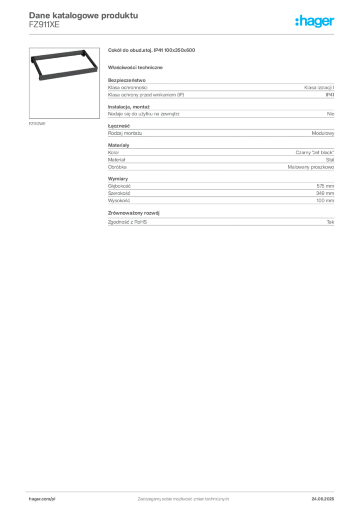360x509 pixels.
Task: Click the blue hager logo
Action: [x=315, y=22]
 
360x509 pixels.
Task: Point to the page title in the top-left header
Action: [x=82, y=15]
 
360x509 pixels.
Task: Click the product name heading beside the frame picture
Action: [x=153, y=51]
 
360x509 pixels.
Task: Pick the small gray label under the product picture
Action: [x=38, y=123]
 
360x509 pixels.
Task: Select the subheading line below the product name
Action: [x=137, y=67]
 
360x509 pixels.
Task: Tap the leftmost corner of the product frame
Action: [x=31, y=59]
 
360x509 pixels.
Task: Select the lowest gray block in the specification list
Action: [x=220, y=220]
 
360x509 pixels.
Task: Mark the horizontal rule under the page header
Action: [x=183, y=34]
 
